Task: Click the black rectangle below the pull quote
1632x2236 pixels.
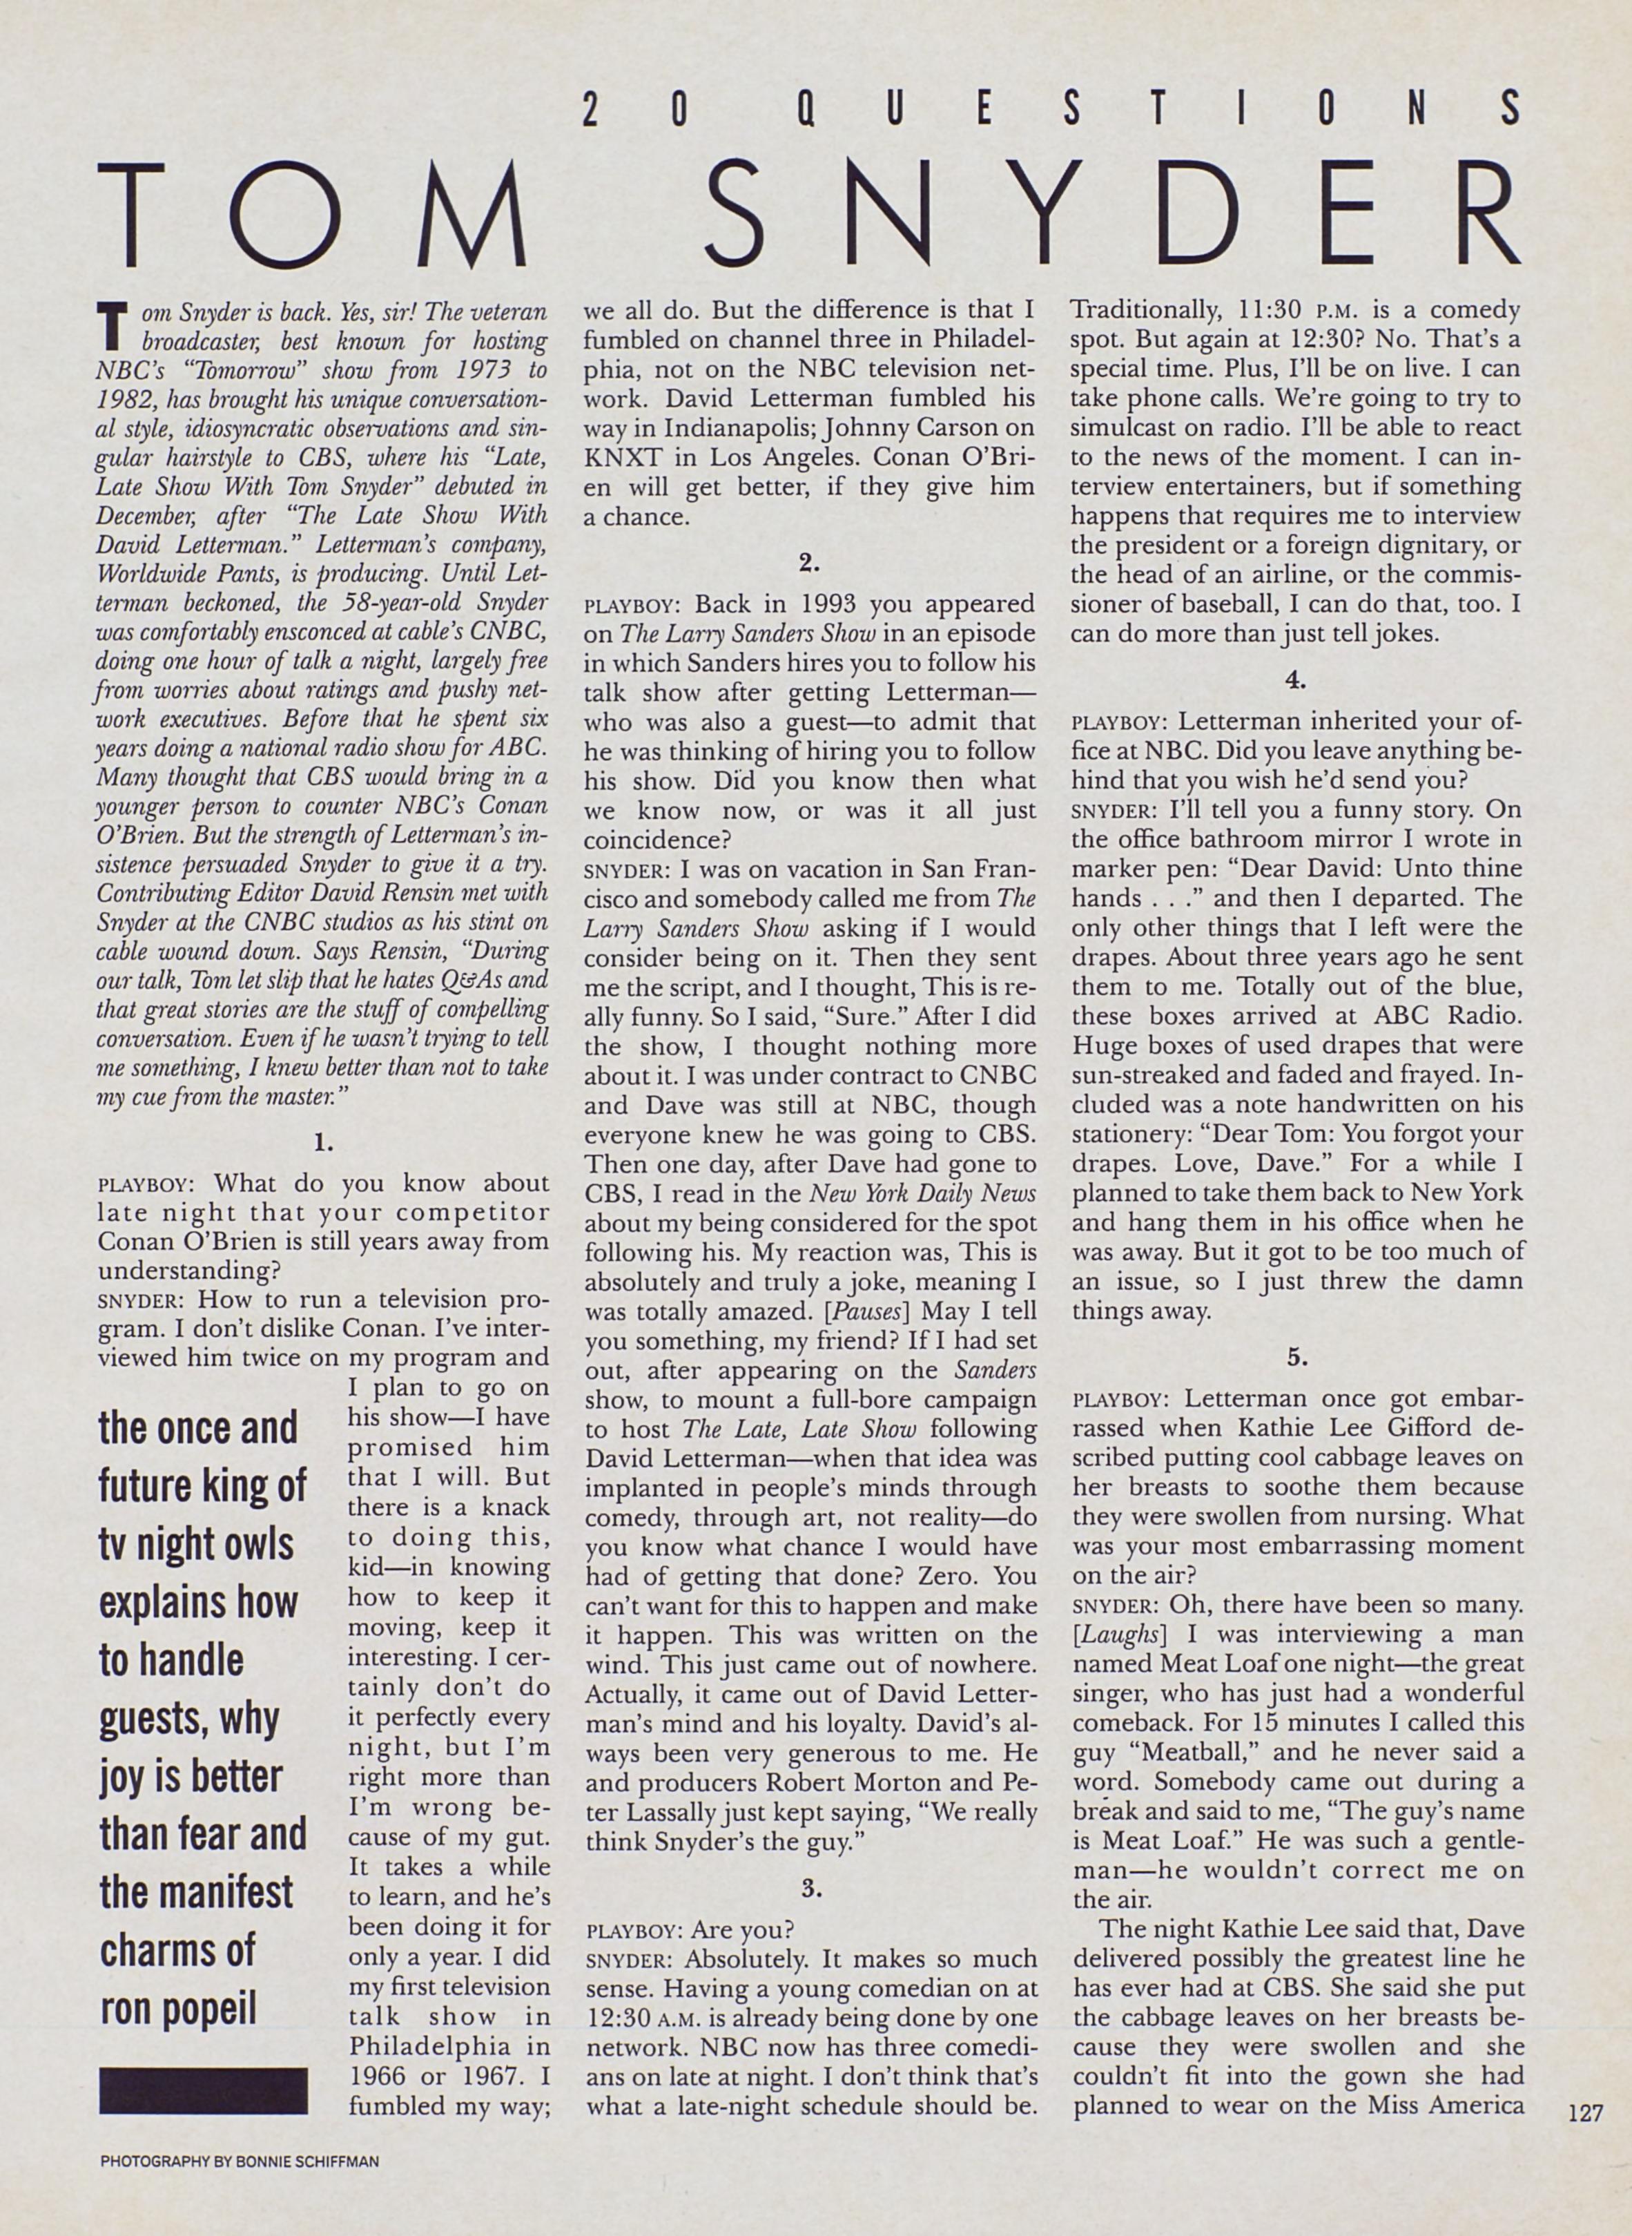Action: [204, 2061]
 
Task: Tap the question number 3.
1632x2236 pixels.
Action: [811, 1889]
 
